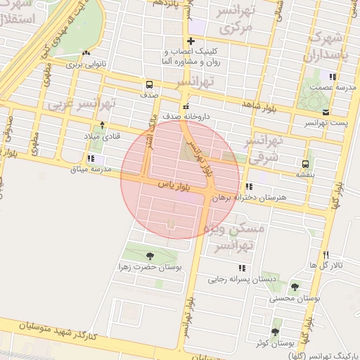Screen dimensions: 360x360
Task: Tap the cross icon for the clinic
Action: pyautogui.click(x=191, y=41)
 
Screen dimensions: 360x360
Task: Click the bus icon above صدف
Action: pyautogui.click(x=149, y=83)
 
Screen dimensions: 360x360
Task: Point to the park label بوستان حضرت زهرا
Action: pyautogui.click(x=149, y=268)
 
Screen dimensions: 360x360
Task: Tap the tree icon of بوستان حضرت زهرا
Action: pyautogui.click(x=149, y=257)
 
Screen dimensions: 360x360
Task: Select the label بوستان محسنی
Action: pyautogui.click(x=295, y=299)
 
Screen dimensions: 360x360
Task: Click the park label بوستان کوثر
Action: pyautogui.click(x=274, y=343)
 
